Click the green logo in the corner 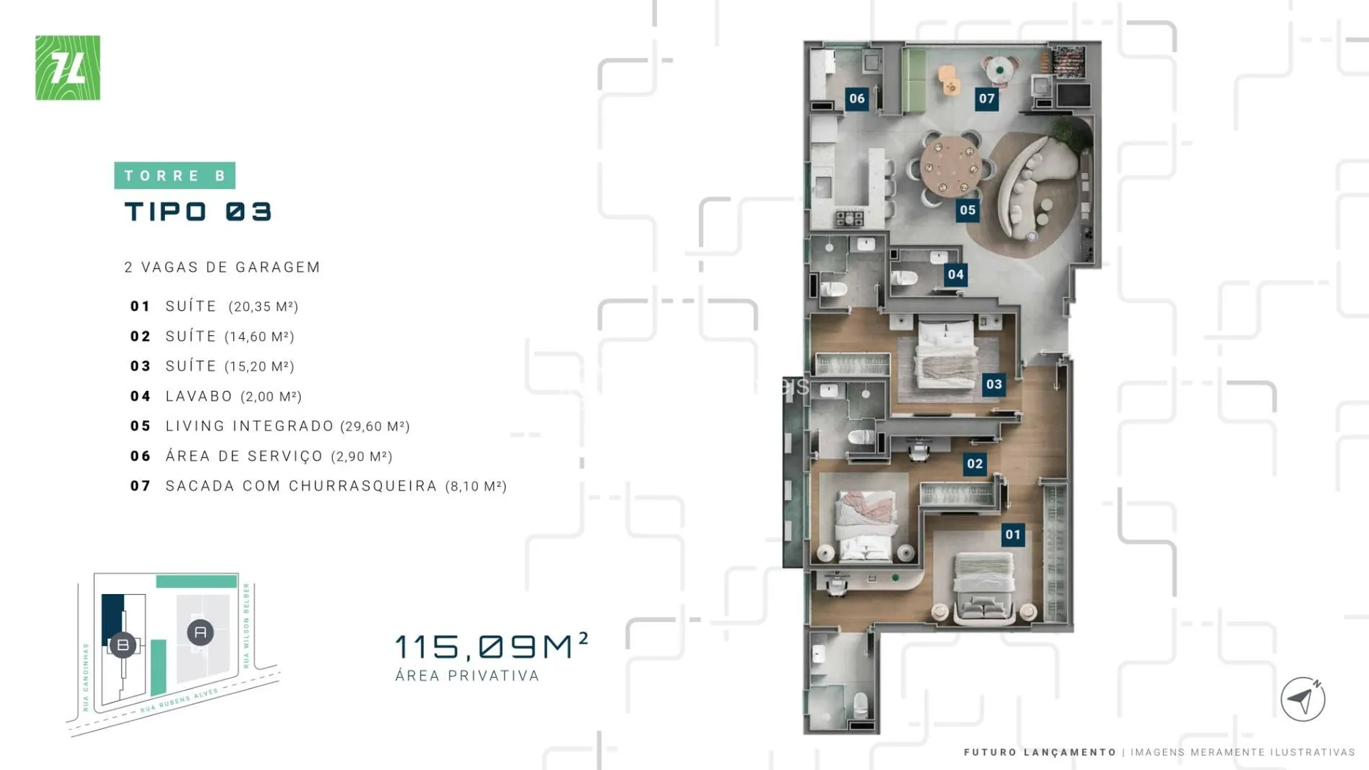click(67, 67)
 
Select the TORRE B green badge click(175, 175)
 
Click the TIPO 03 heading click(198, 212)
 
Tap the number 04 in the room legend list click(140, 397)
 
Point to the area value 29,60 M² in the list click(375, 426)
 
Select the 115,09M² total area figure click(491, 645)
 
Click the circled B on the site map click(122, 645)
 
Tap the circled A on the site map click(200, 632)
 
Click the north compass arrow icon click(1302, 699)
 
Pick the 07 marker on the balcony click(986, 99)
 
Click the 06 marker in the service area click(856, 99)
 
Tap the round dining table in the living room click(951, 166)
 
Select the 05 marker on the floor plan click(967, 210)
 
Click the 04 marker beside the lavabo click(955, 275)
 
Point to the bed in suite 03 click(946, 354)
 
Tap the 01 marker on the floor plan click(1013, 535)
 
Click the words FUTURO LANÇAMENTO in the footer click(1040, 752)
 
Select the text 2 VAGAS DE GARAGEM click(222, 268)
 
